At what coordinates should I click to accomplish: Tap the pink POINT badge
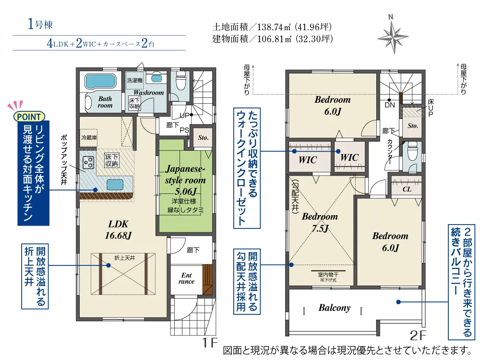[29, 117]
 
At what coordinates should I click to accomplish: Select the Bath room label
[105, 102]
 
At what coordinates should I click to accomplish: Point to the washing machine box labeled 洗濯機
[134, 81]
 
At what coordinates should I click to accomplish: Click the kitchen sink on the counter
[115, 185]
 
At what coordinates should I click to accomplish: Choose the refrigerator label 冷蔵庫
[89, 138]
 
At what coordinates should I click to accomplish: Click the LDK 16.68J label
[118, 229]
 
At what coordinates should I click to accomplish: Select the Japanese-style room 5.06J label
[185, 180]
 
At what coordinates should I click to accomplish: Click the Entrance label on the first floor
[186, 278]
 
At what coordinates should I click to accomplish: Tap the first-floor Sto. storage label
[203, 138]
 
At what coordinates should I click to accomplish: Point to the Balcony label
[334, 308]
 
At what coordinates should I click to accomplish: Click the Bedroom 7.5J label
[320, 222]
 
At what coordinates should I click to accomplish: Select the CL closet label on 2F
[407, 189]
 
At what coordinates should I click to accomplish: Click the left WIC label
[308, 160]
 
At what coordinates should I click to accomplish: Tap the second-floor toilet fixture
[412, 152]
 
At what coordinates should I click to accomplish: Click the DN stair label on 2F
[390, 105]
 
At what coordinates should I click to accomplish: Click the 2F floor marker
[418, 336]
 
